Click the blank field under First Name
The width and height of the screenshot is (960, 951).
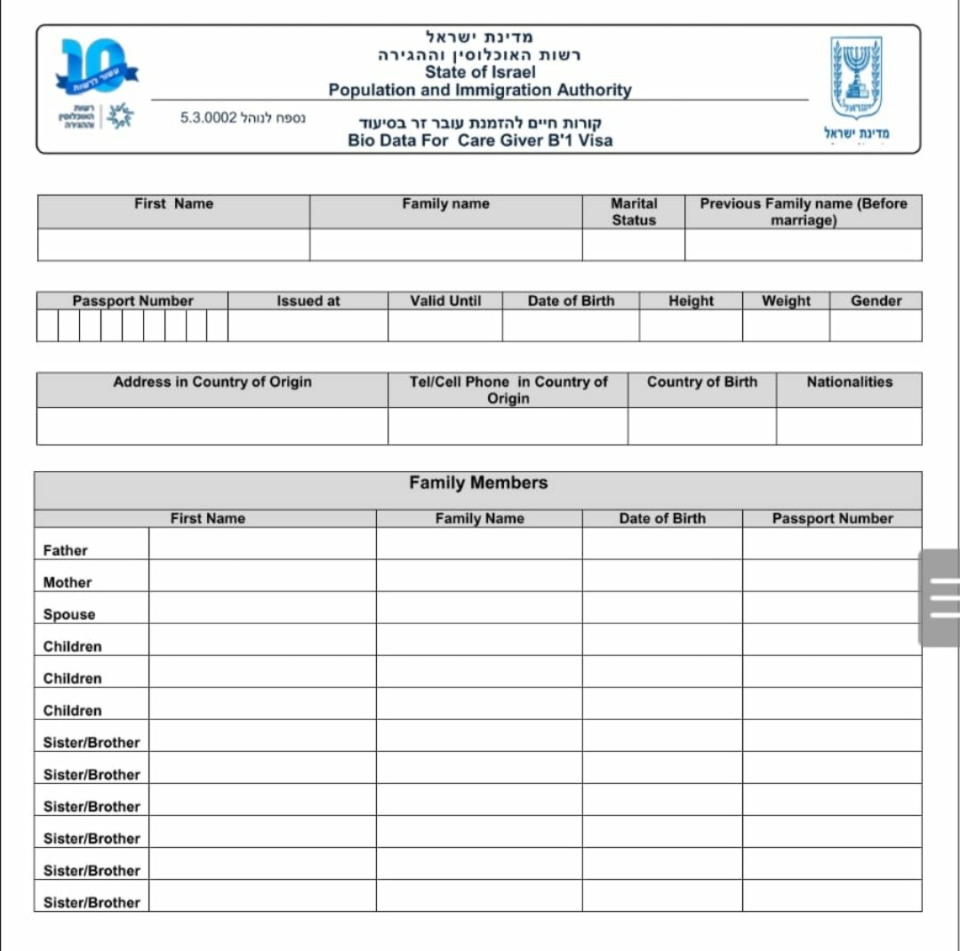[173, 244]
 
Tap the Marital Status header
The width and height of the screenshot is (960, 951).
[633, 212]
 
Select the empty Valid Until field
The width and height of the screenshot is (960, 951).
[444, 325]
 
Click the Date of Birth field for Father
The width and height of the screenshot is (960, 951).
[662, 544]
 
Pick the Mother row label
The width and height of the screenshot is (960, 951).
[68, 582]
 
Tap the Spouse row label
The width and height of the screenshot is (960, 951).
[69, 614]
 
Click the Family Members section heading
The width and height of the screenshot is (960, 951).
[478, 483]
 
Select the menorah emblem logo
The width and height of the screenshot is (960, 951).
[855, 78]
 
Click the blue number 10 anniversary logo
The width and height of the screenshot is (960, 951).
[94, 68]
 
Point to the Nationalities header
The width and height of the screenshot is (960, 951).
[849, 382]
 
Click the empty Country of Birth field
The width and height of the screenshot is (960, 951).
[701, 426]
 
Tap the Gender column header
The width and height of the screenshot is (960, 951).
[876, 300]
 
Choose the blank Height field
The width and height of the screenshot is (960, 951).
[690, 325]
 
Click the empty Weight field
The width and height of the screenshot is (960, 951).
[786, 325]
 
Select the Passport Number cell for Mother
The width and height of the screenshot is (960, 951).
[832, 576]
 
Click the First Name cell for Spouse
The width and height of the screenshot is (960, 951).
[262, 608]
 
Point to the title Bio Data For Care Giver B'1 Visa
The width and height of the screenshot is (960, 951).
[480, 140]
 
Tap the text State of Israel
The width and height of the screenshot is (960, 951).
[480, 72]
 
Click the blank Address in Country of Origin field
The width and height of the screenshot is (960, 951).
[212, 426]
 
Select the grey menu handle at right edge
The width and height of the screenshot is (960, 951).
[940, 597]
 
